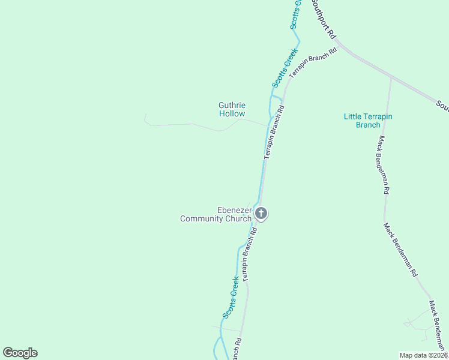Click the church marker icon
click(261, 213)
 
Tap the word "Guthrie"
click(232, 105)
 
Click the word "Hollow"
click(232, 113)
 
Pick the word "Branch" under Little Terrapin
click(368, 125)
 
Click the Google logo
click(20, 353)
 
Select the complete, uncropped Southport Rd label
click(322, 19)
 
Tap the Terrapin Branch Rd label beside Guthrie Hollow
click(274, 132)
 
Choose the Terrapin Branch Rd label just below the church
click(248, 255)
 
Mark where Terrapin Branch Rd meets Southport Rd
click(337, 43)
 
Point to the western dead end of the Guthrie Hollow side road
click(145, 115)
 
